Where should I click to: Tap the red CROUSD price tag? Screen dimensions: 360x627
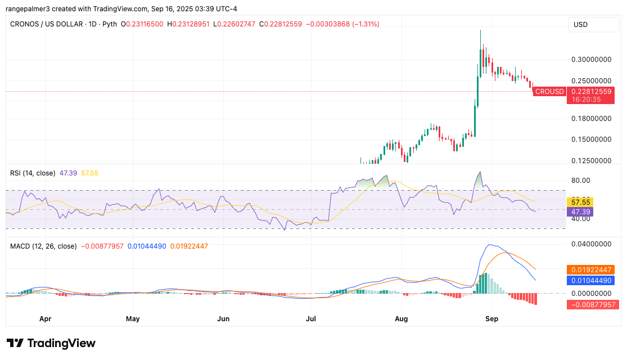[x=549, y=91]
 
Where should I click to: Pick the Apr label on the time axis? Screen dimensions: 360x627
[x=46, y=318]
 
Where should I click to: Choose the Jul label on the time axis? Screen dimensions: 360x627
[x=310, y=318]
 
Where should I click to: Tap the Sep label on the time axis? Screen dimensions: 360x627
[x=491, y=318]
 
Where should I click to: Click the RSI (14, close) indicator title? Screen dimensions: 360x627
[x=33, y=173]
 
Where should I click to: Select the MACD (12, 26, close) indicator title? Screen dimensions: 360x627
[x=43, y=246]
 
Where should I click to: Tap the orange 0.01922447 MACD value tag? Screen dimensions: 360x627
[x=593, y=269]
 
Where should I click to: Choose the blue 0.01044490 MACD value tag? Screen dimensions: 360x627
[x=593, y=280]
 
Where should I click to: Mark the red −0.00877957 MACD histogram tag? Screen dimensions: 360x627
[x=593, y=304]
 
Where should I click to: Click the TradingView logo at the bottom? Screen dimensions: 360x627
[x=51, y=343]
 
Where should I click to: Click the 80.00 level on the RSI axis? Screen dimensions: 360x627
[x=581, y=181]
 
